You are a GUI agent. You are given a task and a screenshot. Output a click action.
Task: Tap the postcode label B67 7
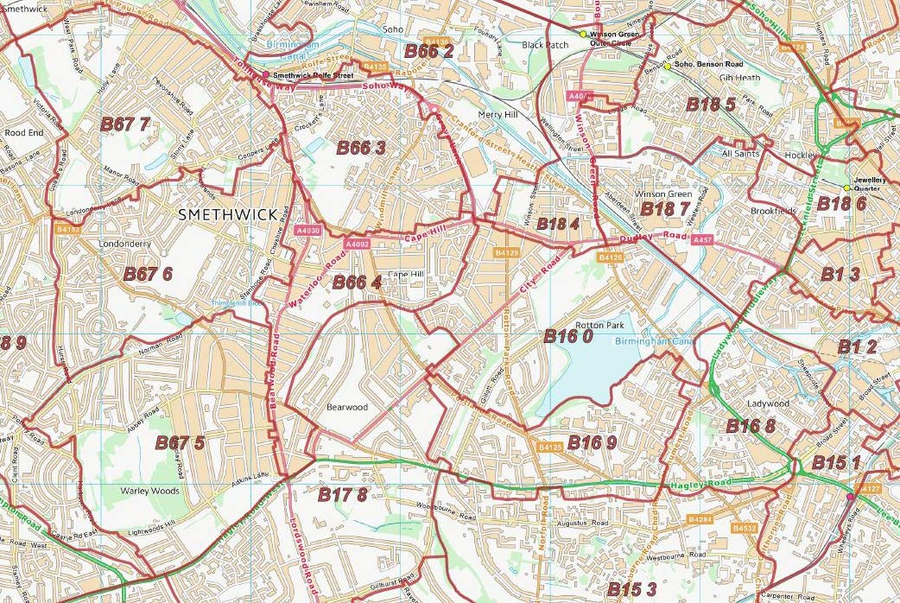click(125, 124)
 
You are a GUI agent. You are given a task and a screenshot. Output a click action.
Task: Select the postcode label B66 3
click(360, 148)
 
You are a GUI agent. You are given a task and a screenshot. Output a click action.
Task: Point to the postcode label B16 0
click(567, 337)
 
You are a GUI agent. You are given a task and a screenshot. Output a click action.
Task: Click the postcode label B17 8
click(342, 494)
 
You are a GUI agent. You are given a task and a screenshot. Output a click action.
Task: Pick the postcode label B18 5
click(711, 105)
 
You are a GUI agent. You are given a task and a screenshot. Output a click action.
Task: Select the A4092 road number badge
click(357, 245)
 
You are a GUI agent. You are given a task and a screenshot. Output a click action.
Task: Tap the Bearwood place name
click(346, 407)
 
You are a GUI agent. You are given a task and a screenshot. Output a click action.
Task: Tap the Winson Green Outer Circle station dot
click(584, 35)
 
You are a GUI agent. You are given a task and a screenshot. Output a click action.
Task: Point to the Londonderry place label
click(125, 244)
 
